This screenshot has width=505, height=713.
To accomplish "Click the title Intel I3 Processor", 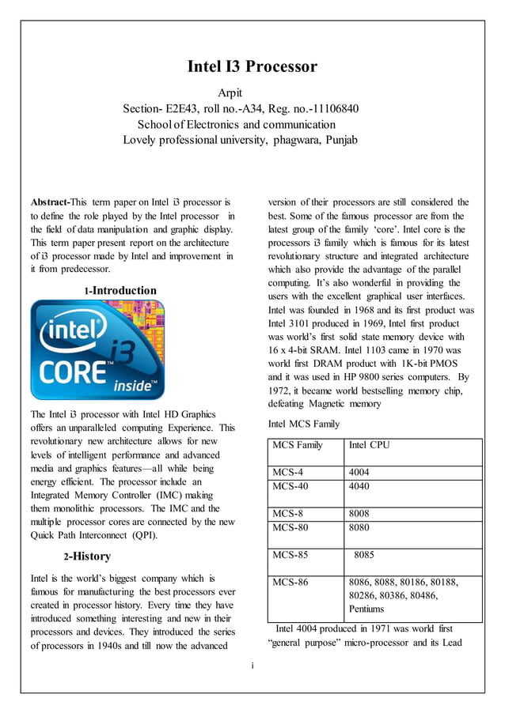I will click(x=252, y=66).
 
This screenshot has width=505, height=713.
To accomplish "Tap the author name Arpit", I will click(x=235, y=93).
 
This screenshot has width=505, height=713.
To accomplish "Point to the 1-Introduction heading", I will click(x=120, y=291).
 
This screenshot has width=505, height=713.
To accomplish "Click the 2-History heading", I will click(x=87, y=556).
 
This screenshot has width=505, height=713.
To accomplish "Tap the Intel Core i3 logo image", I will click(x=97, y=350).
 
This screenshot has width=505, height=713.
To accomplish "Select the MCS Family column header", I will click(x=298, y=445).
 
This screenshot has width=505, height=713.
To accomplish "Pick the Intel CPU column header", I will click(x=369, y=445).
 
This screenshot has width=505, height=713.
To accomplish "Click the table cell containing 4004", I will click(x=359, y=473).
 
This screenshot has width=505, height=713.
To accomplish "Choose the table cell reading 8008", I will click(x=359, y=513).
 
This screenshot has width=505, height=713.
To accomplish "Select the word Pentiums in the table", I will click(x=366, y=609).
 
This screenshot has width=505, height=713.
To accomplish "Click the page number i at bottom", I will click(x=252, y=666).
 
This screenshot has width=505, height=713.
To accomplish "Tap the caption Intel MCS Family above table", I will click(x=304, y=424).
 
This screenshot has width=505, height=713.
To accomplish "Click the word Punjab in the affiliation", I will click(x=339, y=141).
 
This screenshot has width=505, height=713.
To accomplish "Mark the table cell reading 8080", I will click(x=359, y=526).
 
